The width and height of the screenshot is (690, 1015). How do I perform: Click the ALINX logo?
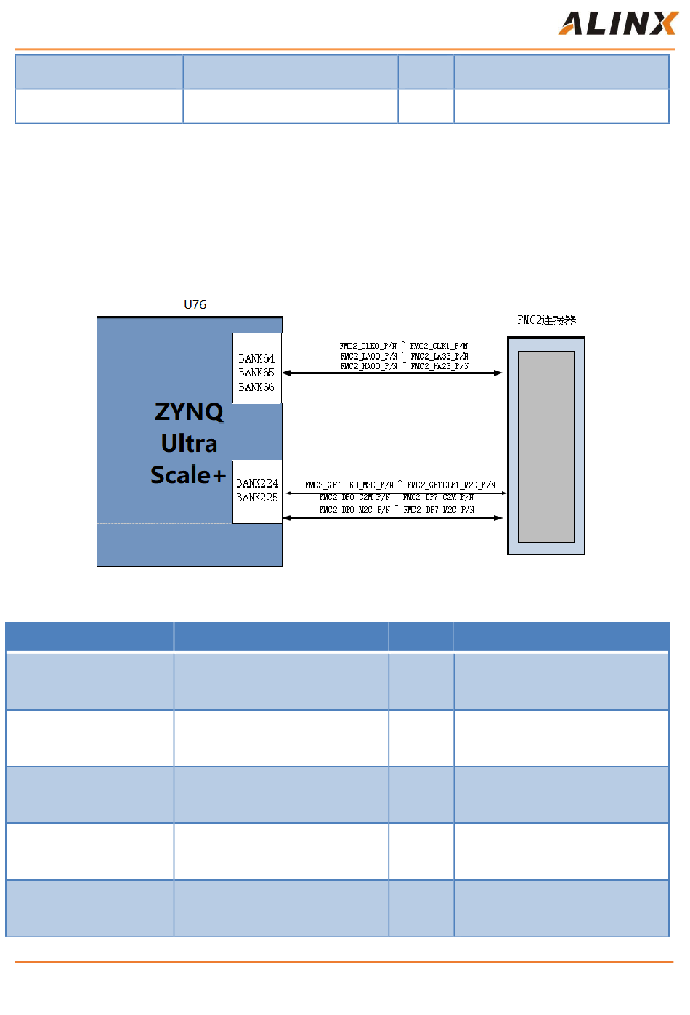coord(617,23)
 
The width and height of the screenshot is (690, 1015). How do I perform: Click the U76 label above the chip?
coord(195,304)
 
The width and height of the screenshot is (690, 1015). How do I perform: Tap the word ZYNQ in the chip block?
coord(189,412)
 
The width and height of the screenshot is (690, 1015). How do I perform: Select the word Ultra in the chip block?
coord(189,443)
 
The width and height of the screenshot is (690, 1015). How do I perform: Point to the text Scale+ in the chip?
coord(188,475)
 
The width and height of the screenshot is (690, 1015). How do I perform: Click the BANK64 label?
coord(256,358)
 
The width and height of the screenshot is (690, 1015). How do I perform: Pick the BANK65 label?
coord(256,373)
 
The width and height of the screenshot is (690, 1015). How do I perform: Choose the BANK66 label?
coord(256,387)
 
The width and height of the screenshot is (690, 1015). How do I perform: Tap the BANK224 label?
coord(257,483)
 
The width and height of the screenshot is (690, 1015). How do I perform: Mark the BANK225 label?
coord(257,498)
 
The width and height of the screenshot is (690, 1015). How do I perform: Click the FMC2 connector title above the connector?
coord(546,320)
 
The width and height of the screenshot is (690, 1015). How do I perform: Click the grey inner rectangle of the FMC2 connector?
coord(546,447)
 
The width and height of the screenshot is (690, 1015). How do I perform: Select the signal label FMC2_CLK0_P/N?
coord(368,346)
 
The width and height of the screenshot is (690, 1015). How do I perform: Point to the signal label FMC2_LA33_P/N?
coord(439,356)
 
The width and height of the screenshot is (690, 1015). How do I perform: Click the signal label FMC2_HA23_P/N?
coord(440,366)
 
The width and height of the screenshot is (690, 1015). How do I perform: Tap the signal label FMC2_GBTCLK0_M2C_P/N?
coord(349,485)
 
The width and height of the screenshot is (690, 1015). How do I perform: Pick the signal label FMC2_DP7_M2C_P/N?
coord(439,510)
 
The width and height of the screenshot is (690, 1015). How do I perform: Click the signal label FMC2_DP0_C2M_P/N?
coord(354,498)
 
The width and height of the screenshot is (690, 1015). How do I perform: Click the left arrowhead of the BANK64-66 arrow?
coord(287,373)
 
